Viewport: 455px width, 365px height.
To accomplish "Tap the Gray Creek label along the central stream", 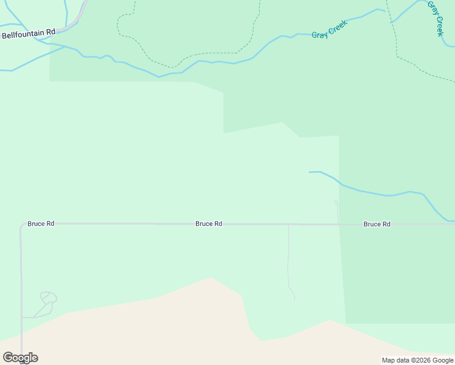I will (x=329, y=29).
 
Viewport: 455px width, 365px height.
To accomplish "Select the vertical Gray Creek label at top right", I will (x=435, y=18).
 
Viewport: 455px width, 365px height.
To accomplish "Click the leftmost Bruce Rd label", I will (x=41, y=224).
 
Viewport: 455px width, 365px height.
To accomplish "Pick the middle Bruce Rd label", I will (x=209, y=224).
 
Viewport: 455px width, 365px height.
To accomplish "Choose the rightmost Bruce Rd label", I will (x=377, y=224).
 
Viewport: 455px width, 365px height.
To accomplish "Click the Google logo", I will (x=20, y=357).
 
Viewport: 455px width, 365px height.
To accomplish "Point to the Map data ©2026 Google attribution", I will (x=417, y=360).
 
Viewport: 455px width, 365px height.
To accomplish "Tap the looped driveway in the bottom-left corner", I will (x=47, y=298).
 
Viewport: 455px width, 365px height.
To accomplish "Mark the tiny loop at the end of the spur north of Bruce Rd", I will (x=336, y=203).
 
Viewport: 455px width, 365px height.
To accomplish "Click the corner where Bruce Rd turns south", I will (x=21, y=225).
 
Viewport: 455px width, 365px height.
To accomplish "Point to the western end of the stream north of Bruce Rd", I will (x=310, y=172).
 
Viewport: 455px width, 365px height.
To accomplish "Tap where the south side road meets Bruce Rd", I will (x=288, y=224).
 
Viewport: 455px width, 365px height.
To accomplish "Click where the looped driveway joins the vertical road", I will (x=22, y=317).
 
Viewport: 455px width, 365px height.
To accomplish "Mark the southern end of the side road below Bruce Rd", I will (x=294, y=300).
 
